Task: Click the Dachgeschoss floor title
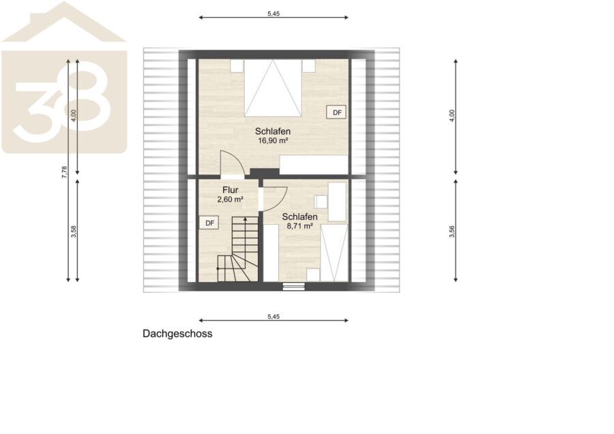(x=177, y=334)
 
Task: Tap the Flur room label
(x=231, y=190)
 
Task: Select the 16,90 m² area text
(x=273, y=141)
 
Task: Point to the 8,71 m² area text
(x=299, y=226)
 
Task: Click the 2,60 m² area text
(x=231, y=200)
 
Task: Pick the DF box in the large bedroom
(x=337, y=112)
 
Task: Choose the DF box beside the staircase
(x=209, y=223)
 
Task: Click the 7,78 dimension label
(x=65, y=172)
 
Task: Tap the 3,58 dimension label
(x=74, y=232)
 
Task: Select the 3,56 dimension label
(x=452, y=232)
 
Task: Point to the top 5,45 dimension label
(x=274, y=14)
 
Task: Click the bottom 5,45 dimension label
(x=274, y=317)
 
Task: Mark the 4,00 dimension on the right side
(x=452, y=116)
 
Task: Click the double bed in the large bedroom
(x=273, y=88)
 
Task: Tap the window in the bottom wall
(x=293, y=286)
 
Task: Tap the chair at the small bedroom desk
(x=321, y=202)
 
